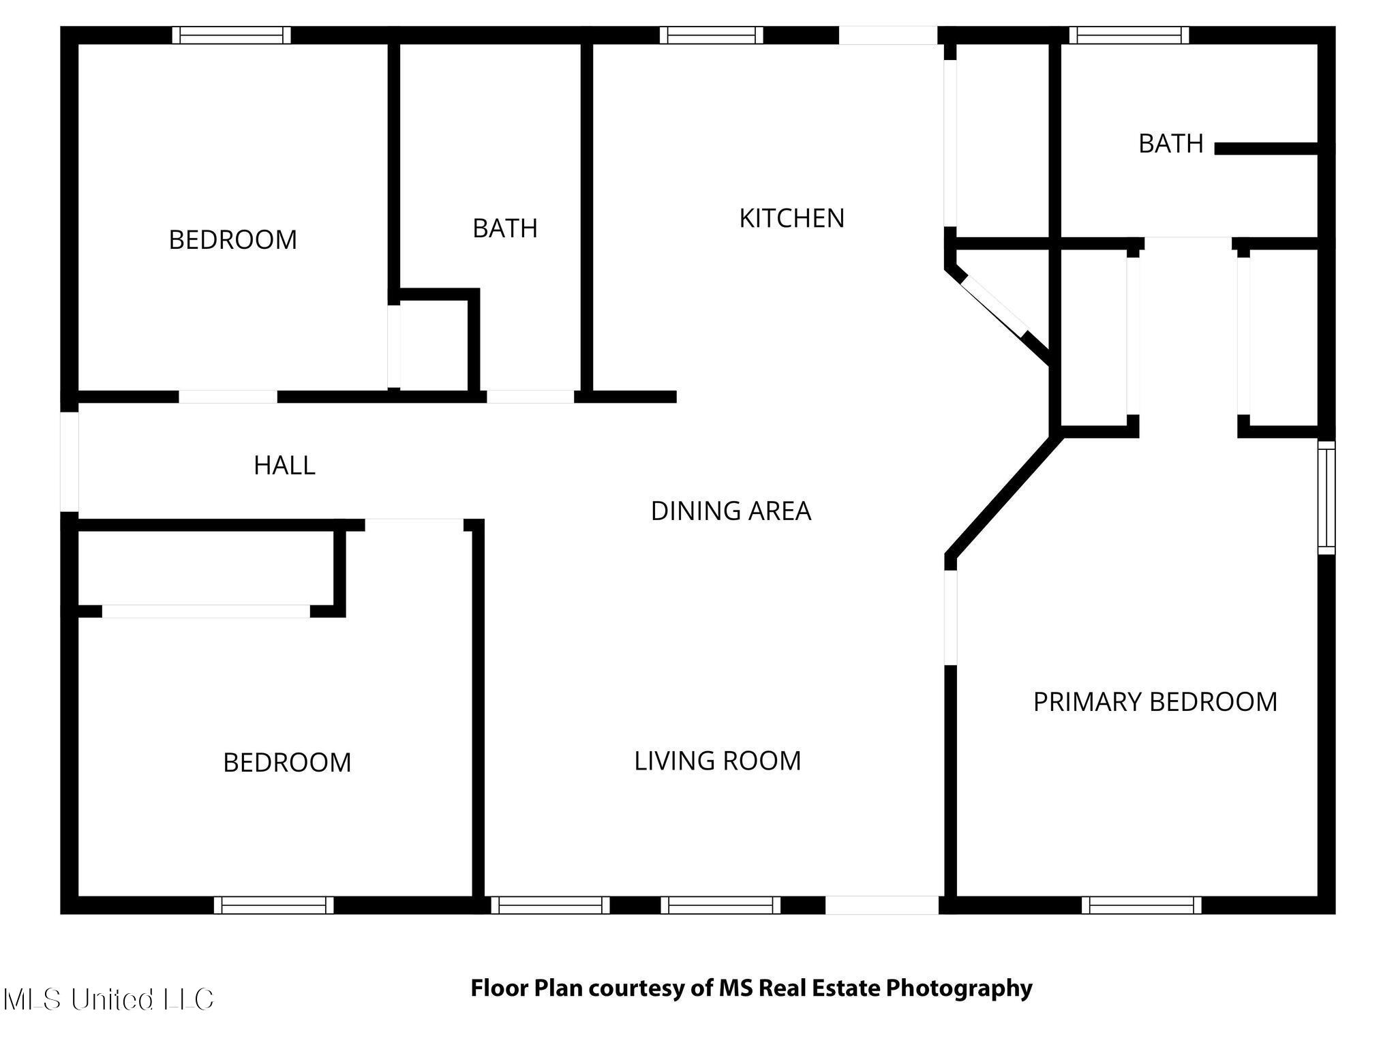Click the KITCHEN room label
click(x=791, y=218)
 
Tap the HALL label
click(x=284, y=466)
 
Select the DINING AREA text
click(x=731, y=511)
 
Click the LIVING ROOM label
click(x=717, y=761)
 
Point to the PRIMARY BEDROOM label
click(x=1155, y=702)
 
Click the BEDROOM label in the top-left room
click(x=232, y=240)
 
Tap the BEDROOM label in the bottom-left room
click(x=287, y=763)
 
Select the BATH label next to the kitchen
click(x=504, y=228)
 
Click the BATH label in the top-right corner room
click(x=1170, y=144)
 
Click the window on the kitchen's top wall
click(x=711, y=35)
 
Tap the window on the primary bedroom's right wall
click(x=1326, y=497)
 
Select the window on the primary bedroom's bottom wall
click(x=1141, y=905)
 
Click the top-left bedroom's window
click(x=231, y=35)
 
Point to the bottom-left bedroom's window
click(x=273, y=905)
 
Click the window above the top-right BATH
click(x=1129, y=35)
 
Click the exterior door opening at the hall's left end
click(x=70, y=461)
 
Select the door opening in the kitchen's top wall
click(x=887, y=35)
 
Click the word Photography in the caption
click(x=959, y=988)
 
